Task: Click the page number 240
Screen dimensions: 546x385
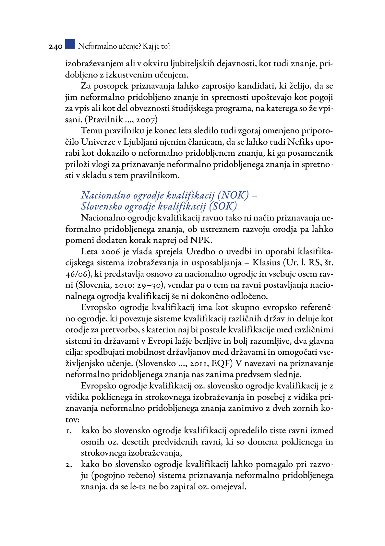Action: (x=55, y=47)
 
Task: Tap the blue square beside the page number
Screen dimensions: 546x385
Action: (x=70, y=44)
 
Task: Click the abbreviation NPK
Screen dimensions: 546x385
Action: (x=201, y=240)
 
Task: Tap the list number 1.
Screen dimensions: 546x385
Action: (x=68, y=431)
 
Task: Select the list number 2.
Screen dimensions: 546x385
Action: (x=68, y=465)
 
